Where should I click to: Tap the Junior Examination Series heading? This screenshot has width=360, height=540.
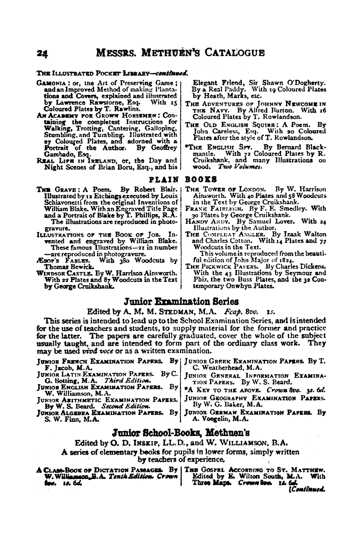[x=181, y=302]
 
